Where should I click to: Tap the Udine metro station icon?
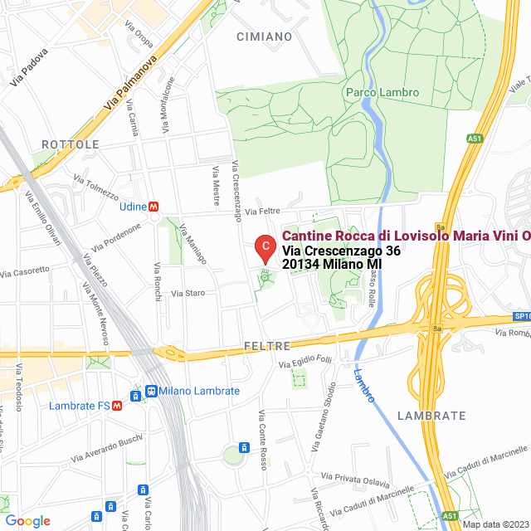[154, 207]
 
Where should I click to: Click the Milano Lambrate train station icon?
[150, 391]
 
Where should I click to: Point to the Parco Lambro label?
[382, 93]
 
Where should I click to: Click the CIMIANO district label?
[264, 37]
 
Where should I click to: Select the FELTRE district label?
[267, 345]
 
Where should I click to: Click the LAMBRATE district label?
[431, 415]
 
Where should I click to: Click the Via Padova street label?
[30, 66]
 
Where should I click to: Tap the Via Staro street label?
[188, 293]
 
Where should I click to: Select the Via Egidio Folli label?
[305, 362]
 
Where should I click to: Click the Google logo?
[27, 521]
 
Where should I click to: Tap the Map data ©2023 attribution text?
[494, 524]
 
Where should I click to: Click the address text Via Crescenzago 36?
[341, 251]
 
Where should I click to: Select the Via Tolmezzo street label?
[96, 187]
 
